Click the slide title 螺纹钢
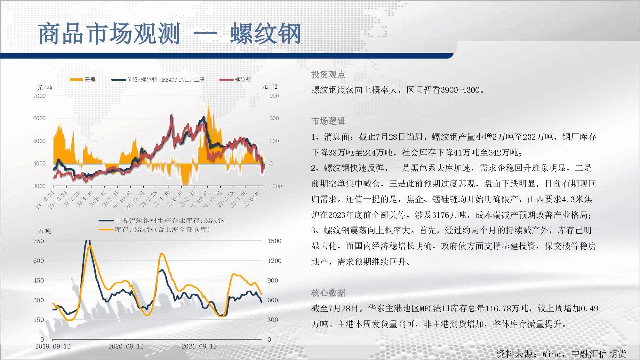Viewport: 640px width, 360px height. point(266,34)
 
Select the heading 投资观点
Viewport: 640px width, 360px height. point(328,75)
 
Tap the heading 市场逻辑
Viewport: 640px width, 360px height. point(328,121)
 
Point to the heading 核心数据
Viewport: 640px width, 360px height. point(328,292)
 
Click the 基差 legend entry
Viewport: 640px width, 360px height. point(83,79)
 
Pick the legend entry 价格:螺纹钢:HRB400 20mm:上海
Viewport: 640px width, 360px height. point(158,79)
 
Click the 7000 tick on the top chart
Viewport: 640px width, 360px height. point(39,96)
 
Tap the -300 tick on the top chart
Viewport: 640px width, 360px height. point(276,186)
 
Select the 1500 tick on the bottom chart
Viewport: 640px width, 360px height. point(275,241)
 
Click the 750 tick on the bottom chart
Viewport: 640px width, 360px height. point(39,241)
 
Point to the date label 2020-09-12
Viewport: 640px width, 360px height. point(126,346)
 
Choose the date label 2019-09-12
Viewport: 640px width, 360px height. point(53,346)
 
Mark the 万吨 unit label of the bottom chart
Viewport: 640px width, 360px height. point(44,231)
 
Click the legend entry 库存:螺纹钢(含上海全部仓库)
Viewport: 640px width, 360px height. point(154,229)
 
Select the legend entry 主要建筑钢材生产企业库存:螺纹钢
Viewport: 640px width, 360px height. point(162,220)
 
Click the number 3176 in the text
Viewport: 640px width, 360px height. point(441,215)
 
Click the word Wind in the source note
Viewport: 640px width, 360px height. point(551,354)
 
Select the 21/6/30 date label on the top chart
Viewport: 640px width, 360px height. point(174,198)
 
